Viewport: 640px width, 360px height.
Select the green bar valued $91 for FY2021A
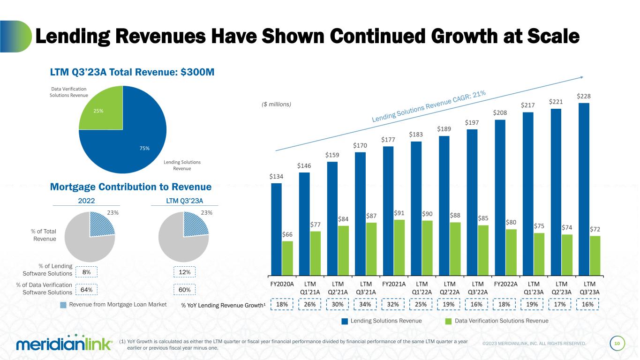pos(399,247)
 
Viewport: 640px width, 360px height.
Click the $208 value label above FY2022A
pos(500,113)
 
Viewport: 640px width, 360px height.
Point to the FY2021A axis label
pos(394,284)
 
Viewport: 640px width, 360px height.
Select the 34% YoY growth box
pos(366,304)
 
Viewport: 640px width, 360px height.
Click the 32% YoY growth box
pos(393,304)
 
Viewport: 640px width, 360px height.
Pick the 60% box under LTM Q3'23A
pos(184,290)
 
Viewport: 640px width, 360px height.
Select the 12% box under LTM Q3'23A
pos(184,272)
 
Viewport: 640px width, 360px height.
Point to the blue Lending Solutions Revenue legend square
pos(345,321)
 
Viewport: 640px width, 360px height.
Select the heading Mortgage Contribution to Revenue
pos(131,187)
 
